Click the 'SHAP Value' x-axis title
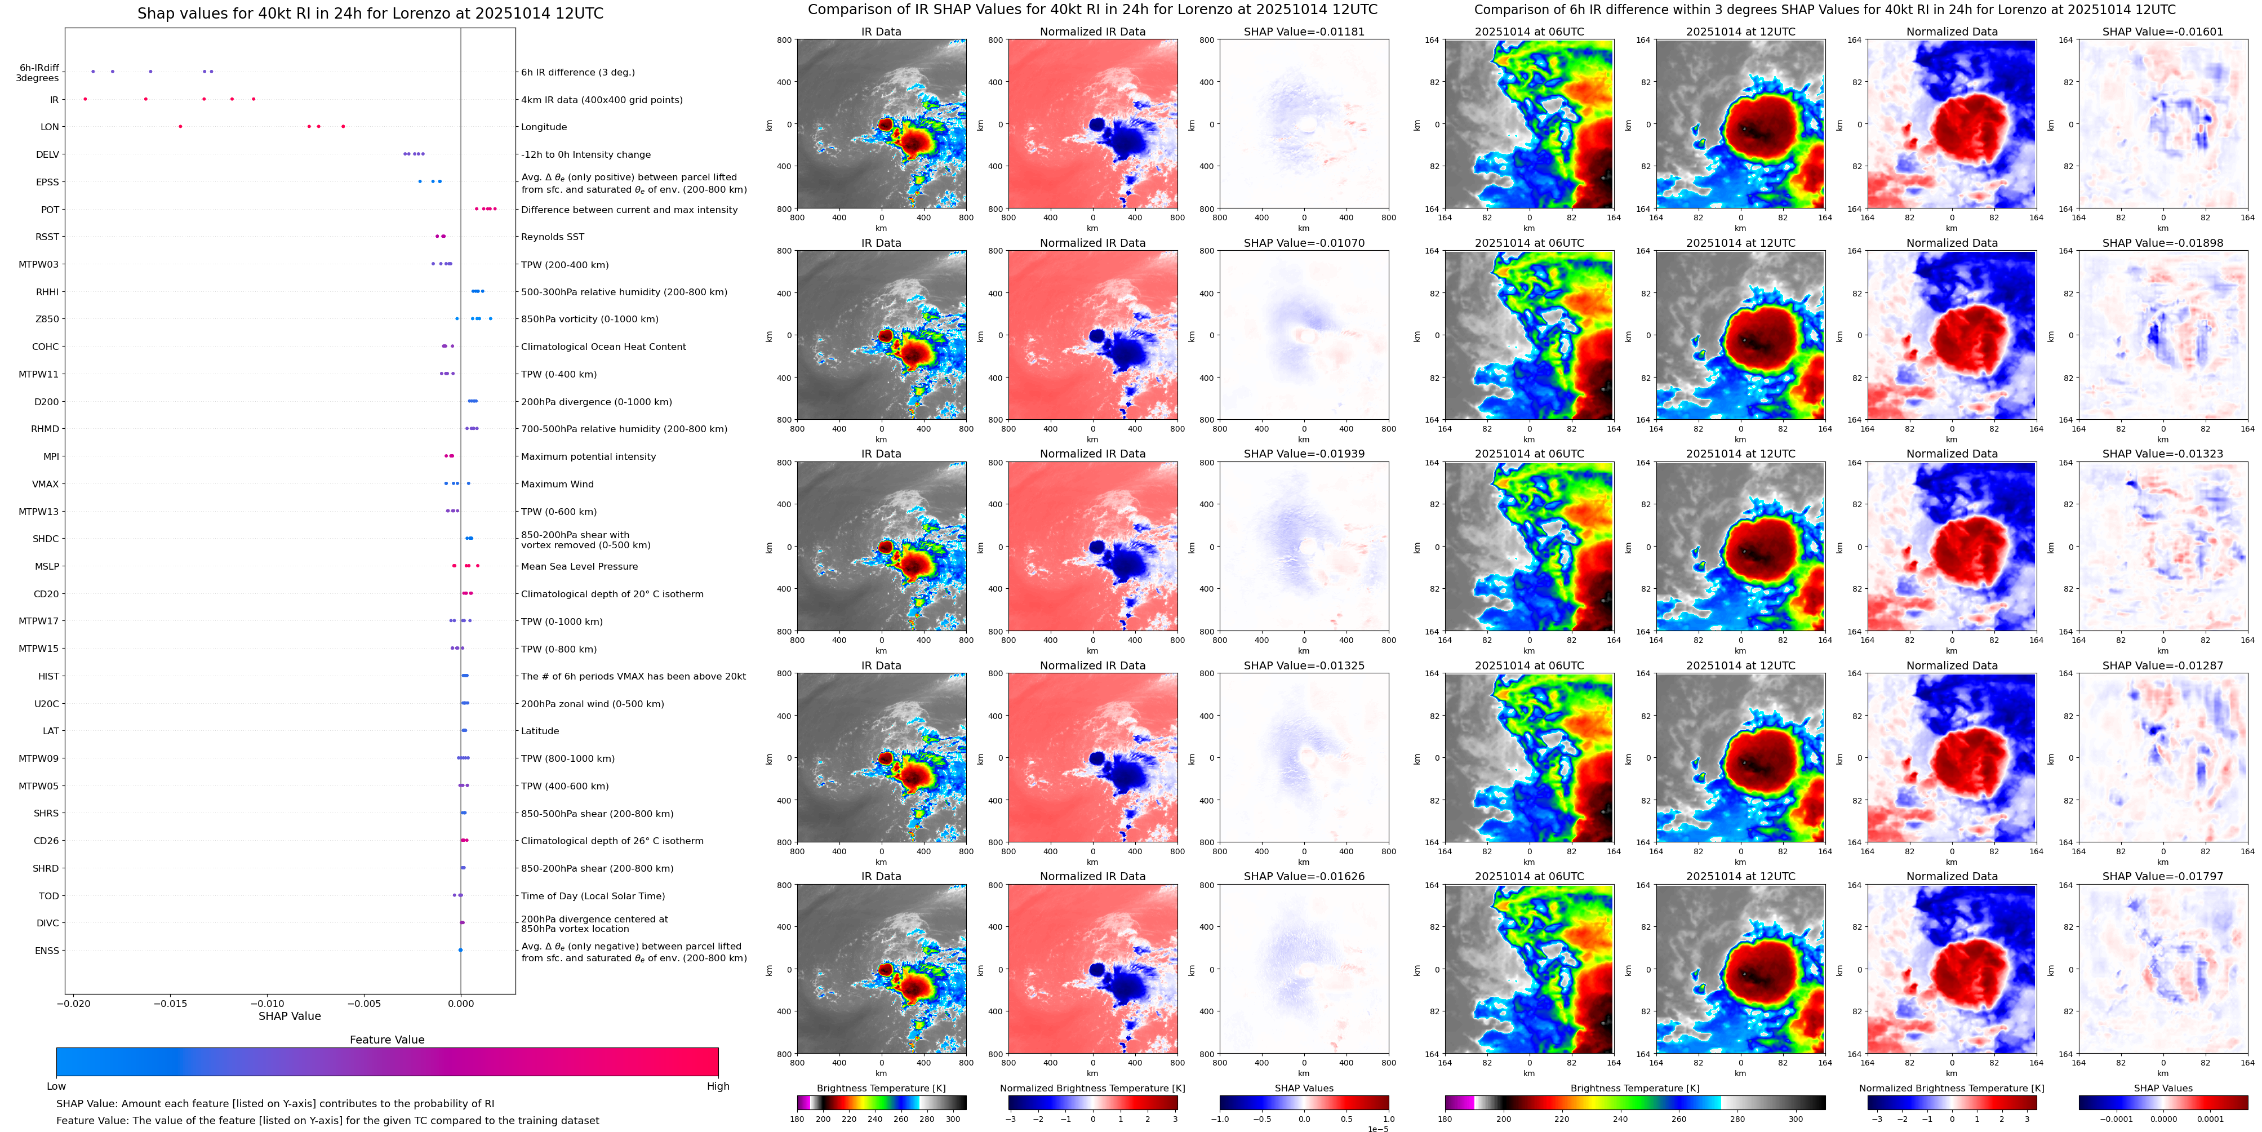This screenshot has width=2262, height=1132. (x=289, y=1016)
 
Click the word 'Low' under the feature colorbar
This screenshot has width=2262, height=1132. (x=56, y=1086)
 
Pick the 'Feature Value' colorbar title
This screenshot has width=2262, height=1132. (x=386, y=1040)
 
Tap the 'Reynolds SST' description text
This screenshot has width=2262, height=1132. (x=552, y=237)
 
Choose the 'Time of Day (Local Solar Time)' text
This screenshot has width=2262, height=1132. (x=592, y=896)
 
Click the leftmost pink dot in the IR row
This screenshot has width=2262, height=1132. (x=85, y=99)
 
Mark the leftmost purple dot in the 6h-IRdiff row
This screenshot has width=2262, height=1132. (x=93, y=71)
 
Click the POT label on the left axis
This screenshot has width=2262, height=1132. (x=50, y=210)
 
